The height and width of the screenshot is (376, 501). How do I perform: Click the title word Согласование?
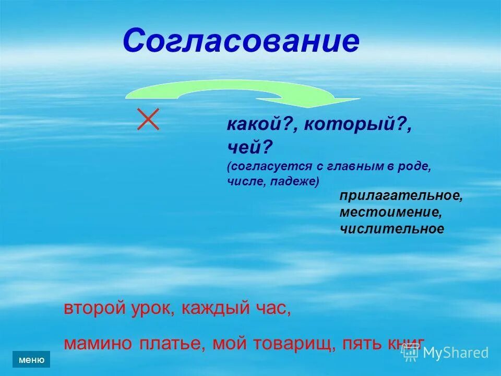(241, 41)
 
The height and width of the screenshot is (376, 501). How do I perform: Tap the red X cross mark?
(148, 120)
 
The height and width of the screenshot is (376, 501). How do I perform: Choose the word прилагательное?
(401, 196)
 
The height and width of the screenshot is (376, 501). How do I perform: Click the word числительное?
(392, 229)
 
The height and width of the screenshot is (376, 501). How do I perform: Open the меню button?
(31, 359)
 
